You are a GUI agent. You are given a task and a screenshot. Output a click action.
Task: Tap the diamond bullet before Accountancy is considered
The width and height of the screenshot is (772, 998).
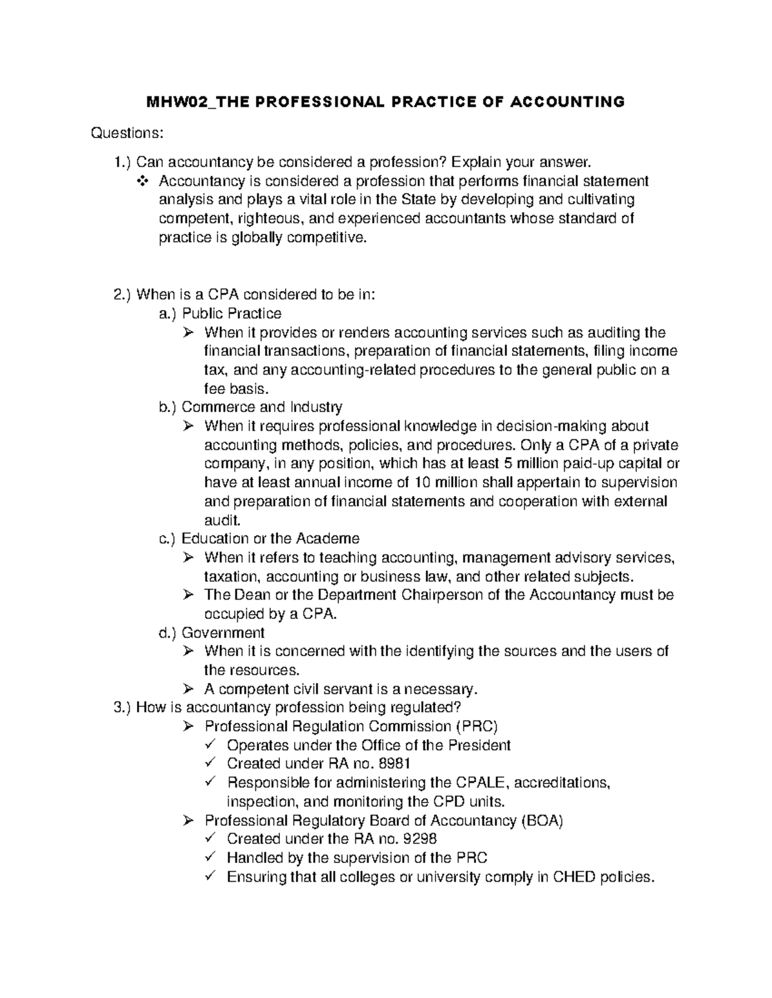142,181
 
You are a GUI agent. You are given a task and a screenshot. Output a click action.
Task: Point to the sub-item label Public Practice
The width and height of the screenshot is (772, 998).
232,314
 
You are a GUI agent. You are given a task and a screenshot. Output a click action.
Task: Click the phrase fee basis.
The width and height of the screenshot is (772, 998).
234,389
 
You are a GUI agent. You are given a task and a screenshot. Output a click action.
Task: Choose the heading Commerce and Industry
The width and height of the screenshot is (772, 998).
262,407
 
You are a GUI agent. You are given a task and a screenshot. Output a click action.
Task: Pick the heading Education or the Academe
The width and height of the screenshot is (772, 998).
270,539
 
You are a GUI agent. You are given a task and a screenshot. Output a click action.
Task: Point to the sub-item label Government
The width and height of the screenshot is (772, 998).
223,633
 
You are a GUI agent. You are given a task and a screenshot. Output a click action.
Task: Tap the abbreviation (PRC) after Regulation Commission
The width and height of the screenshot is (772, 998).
477,727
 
